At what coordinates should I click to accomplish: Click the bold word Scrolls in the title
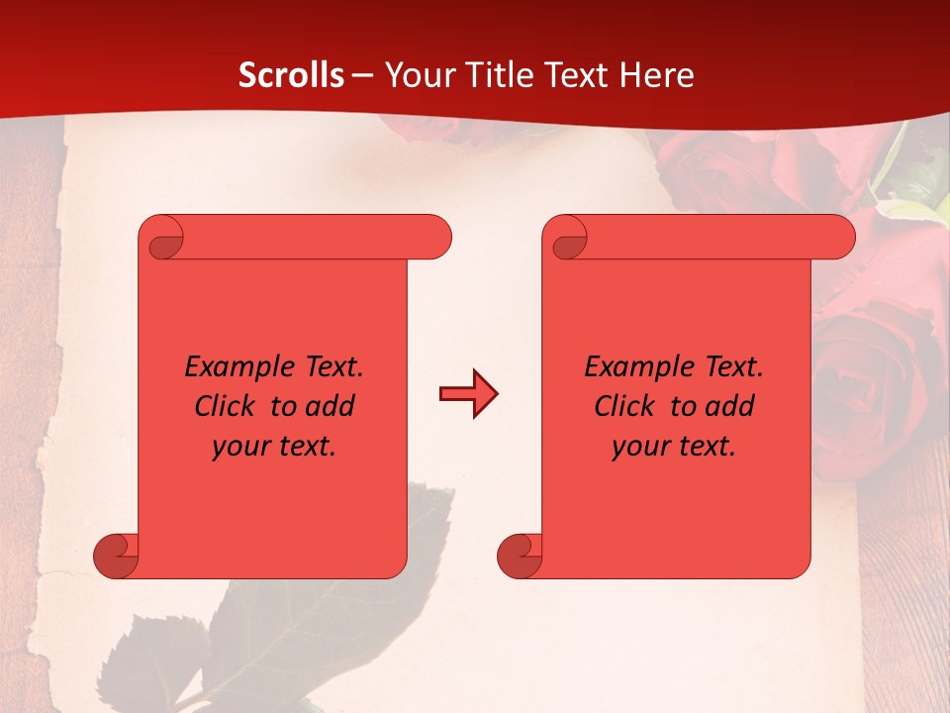[x=292, y=74]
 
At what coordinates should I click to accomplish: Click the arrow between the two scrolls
[x=468, y=394]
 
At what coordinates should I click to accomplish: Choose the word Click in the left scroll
[x=228, y=406]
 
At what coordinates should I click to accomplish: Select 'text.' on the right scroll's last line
[x=709, y=447]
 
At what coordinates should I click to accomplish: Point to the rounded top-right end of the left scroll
[x=435, y=238]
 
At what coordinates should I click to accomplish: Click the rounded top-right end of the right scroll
[x=839, y=238]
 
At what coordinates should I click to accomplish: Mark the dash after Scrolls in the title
[x=363, y=75]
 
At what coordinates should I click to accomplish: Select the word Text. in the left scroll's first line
[x=331, y=367]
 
